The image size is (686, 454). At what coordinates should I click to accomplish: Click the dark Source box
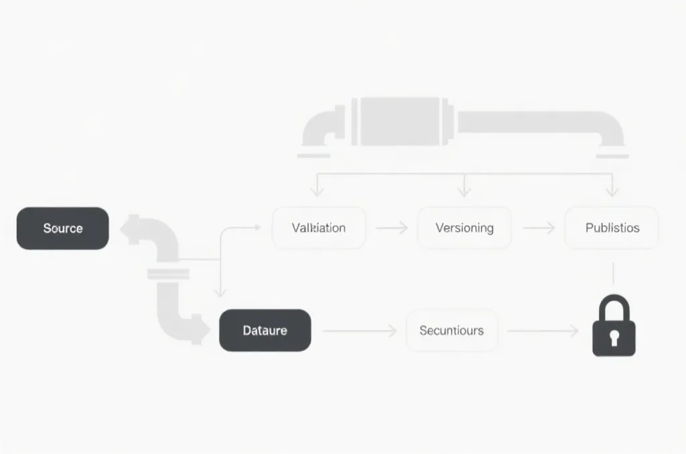pos(62,228)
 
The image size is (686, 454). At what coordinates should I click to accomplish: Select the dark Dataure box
pos(265,330)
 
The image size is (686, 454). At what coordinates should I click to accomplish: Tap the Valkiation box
pos(319,228)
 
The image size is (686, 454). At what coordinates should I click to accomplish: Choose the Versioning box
pos(464,228)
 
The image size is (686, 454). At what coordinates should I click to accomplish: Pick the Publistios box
pos(612,228)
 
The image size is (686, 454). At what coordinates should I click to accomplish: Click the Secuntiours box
pos(452,330)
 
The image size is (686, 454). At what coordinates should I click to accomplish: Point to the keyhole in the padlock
pos(614,338)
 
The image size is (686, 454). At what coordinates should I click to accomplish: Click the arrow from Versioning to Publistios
pos(539,228)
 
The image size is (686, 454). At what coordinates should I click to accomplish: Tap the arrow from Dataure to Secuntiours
pos(359,331)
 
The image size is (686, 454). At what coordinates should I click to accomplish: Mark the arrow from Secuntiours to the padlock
pos(543,331)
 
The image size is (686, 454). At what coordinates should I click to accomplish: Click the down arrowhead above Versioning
pos(464,191)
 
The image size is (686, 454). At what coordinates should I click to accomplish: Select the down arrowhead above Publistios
pos(611,191)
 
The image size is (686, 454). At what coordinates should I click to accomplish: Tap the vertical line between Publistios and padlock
pos(614,275)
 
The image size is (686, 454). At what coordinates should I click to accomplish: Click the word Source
pos(62,228)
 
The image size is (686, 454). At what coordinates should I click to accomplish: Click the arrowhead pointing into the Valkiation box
pos(256,228)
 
